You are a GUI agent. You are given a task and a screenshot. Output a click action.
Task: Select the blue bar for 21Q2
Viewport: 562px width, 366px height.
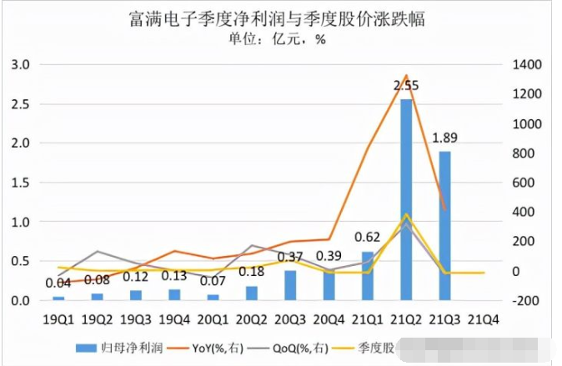(x=406, y=200)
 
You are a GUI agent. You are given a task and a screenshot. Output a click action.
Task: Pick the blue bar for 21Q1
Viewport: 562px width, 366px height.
(x=368, y=275)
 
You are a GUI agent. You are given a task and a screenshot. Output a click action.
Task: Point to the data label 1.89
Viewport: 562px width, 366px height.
(x=444, y=138)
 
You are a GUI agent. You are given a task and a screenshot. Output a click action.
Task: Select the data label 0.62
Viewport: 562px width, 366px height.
(x=368, y=237)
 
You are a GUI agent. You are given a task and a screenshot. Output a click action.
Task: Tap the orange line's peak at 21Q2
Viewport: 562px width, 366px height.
(x=406, y=75)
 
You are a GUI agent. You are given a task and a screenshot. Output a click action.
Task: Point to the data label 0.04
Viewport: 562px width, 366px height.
(x=58, y=283)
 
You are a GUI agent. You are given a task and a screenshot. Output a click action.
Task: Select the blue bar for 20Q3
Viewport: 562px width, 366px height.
(x=290, y=284)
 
